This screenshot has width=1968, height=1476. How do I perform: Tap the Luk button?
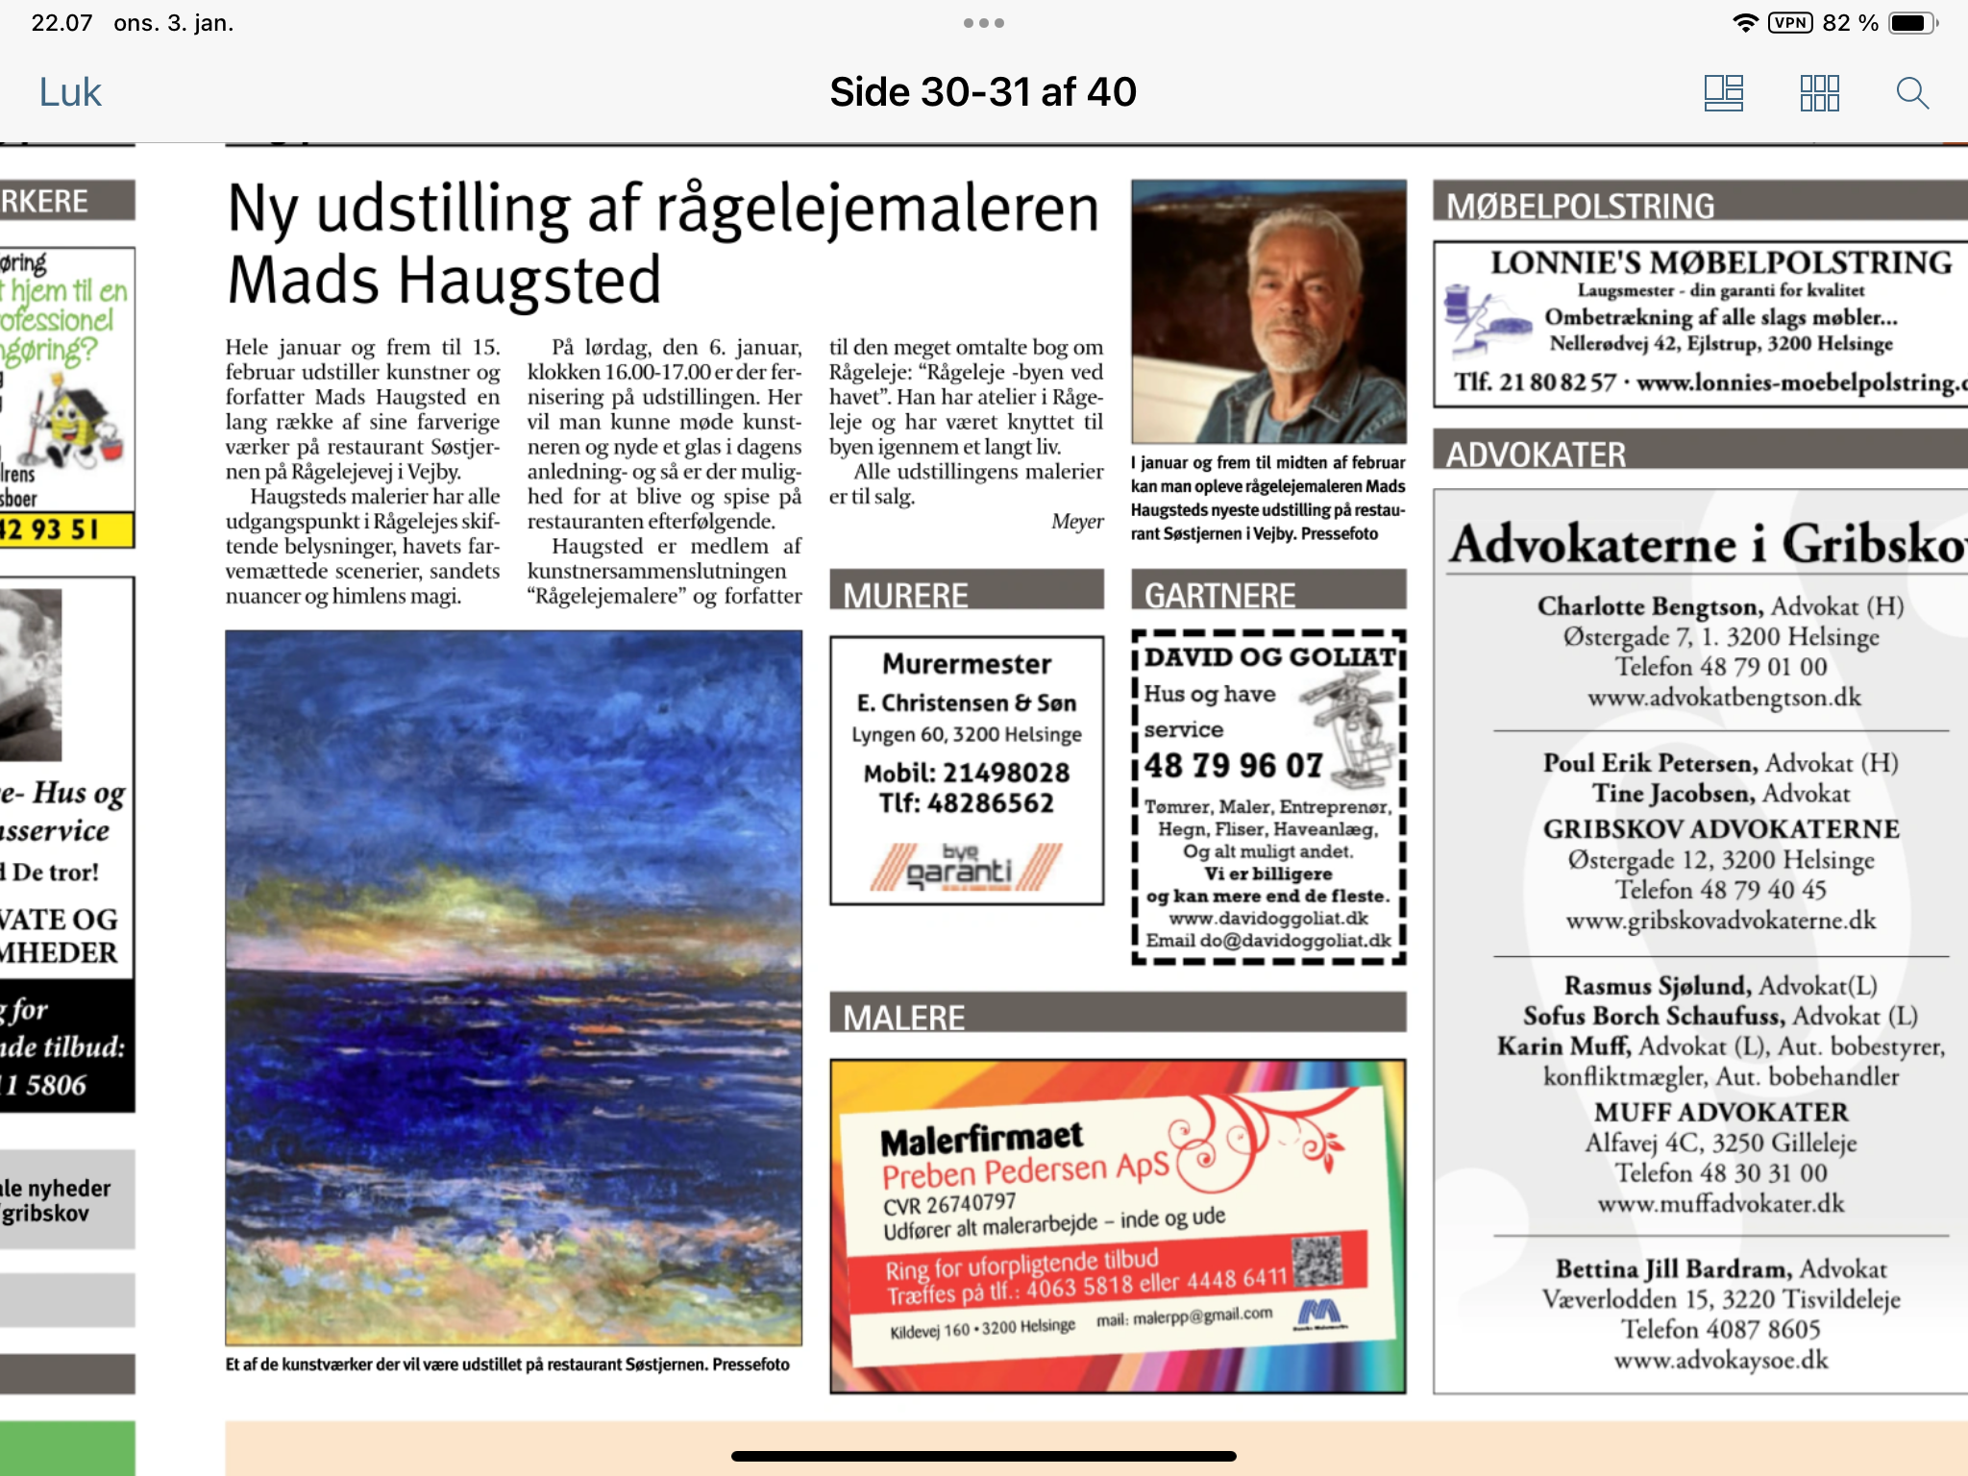pyautogui.click(x=70, y=93)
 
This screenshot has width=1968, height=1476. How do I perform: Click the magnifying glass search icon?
pyautogui.click(x=1912, y=93)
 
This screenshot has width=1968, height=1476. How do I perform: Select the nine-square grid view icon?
pyautogui.click(x=1819, y=93)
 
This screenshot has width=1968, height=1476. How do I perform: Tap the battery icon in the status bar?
pyautogui.click(x=1912, y=23)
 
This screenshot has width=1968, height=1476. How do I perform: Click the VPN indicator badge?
pyautogui.click(x=1790, y=23)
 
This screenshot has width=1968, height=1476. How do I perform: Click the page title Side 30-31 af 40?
pyautogui.click(x=983, y=92)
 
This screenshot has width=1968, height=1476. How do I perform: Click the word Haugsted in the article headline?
pyautogui.click(x=529, y=281)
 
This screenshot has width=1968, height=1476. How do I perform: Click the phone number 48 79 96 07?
pyautogui.click(x=1234, y=766)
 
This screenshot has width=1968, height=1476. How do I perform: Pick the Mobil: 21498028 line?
pyautogui.click(x=966, y=773)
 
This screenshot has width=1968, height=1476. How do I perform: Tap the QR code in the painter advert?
pyautogui.click(x=1316, y=1262)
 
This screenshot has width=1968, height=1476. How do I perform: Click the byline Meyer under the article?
pyautogui.click(x=1076, y=522)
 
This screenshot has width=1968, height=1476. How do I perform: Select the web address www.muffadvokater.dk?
pyautogui.click(x=1720, y=1204)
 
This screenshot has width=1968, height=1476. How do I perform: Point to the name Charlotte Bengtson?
pyautogui.click(x=1650, y=606)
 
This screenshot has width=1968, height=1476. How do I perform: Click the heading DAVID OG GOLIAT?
pyautogui.click(x=1269, y=657)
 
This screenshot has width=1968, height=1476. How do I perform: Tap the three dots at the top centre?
pyautogui.click(x=983, y=23)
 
